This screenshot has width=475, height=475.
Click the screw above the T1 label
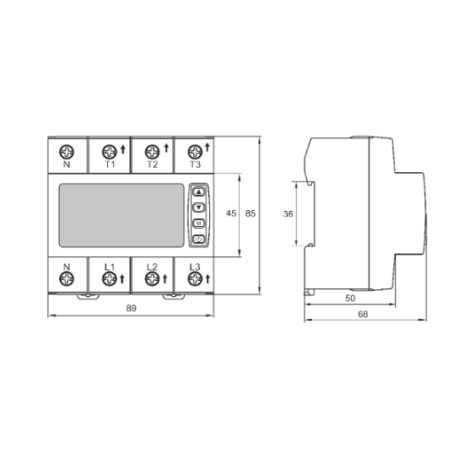pyautogui.click(x=110, y=152)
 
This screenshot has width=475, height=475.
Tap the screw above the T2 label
pyautogui.click(x=152, y=152)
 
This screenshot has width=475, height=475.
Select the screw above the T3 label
pyautogui.click(x=195, y=152)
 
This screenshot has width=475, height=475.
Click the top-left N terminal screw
pyautogui.click(x=67, y=152)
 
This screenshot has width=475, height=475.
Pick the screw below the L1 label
pyautogui.click(x=110, y=278)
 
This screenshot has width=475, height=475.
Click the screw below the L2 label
pyautogui.click(x=152, y=278)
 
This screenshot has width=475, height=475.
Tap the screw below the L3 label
pyautogui.click(x=195, y=278)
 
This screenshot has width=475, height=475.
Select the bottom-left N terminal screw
pyautogui.click(x=67, y=278)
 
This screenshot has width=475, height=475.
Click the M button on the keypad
pyautogui.click(x=199, y=224)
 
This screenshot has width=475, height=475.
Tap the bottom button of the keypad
pyautogui.click(x=199, y=239)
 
